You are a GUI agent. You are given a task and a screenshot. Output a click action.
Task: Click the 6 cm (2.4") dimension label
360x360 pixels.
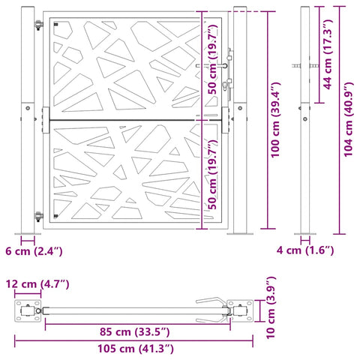click(34, 251)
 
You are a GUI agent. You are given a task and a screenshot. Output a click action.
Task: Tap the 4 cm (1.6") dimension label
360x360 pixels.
click(305, 250)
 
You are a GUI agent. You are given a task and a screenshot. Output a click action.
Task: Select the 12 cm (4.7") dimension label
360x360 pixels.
click(37, 284)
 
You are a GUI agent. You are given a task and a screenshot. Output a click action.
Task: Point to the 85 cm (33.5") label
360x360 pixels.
click(135, 332)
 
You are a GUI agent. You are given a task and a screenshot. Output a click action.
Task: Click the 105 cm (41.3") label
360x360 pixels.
click(136, 349)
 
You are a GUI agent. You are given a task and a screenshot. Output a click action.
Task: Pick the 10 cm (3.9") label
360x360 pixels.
click(271, 307)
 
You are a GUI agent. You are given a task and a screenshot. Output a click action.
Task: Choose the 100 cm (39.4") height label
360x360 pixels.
click(275, 120)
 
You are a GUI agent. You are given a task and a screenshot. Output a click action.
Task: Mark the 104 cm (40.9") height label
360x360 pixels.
click(348, 119)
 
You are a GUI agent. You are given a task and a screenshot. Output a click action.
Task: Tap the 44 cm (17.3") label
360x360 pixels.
click(327, 54)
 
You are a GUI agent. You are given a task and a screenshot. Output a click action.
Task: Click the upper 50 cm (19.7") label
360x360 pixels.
click(212, 59)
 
